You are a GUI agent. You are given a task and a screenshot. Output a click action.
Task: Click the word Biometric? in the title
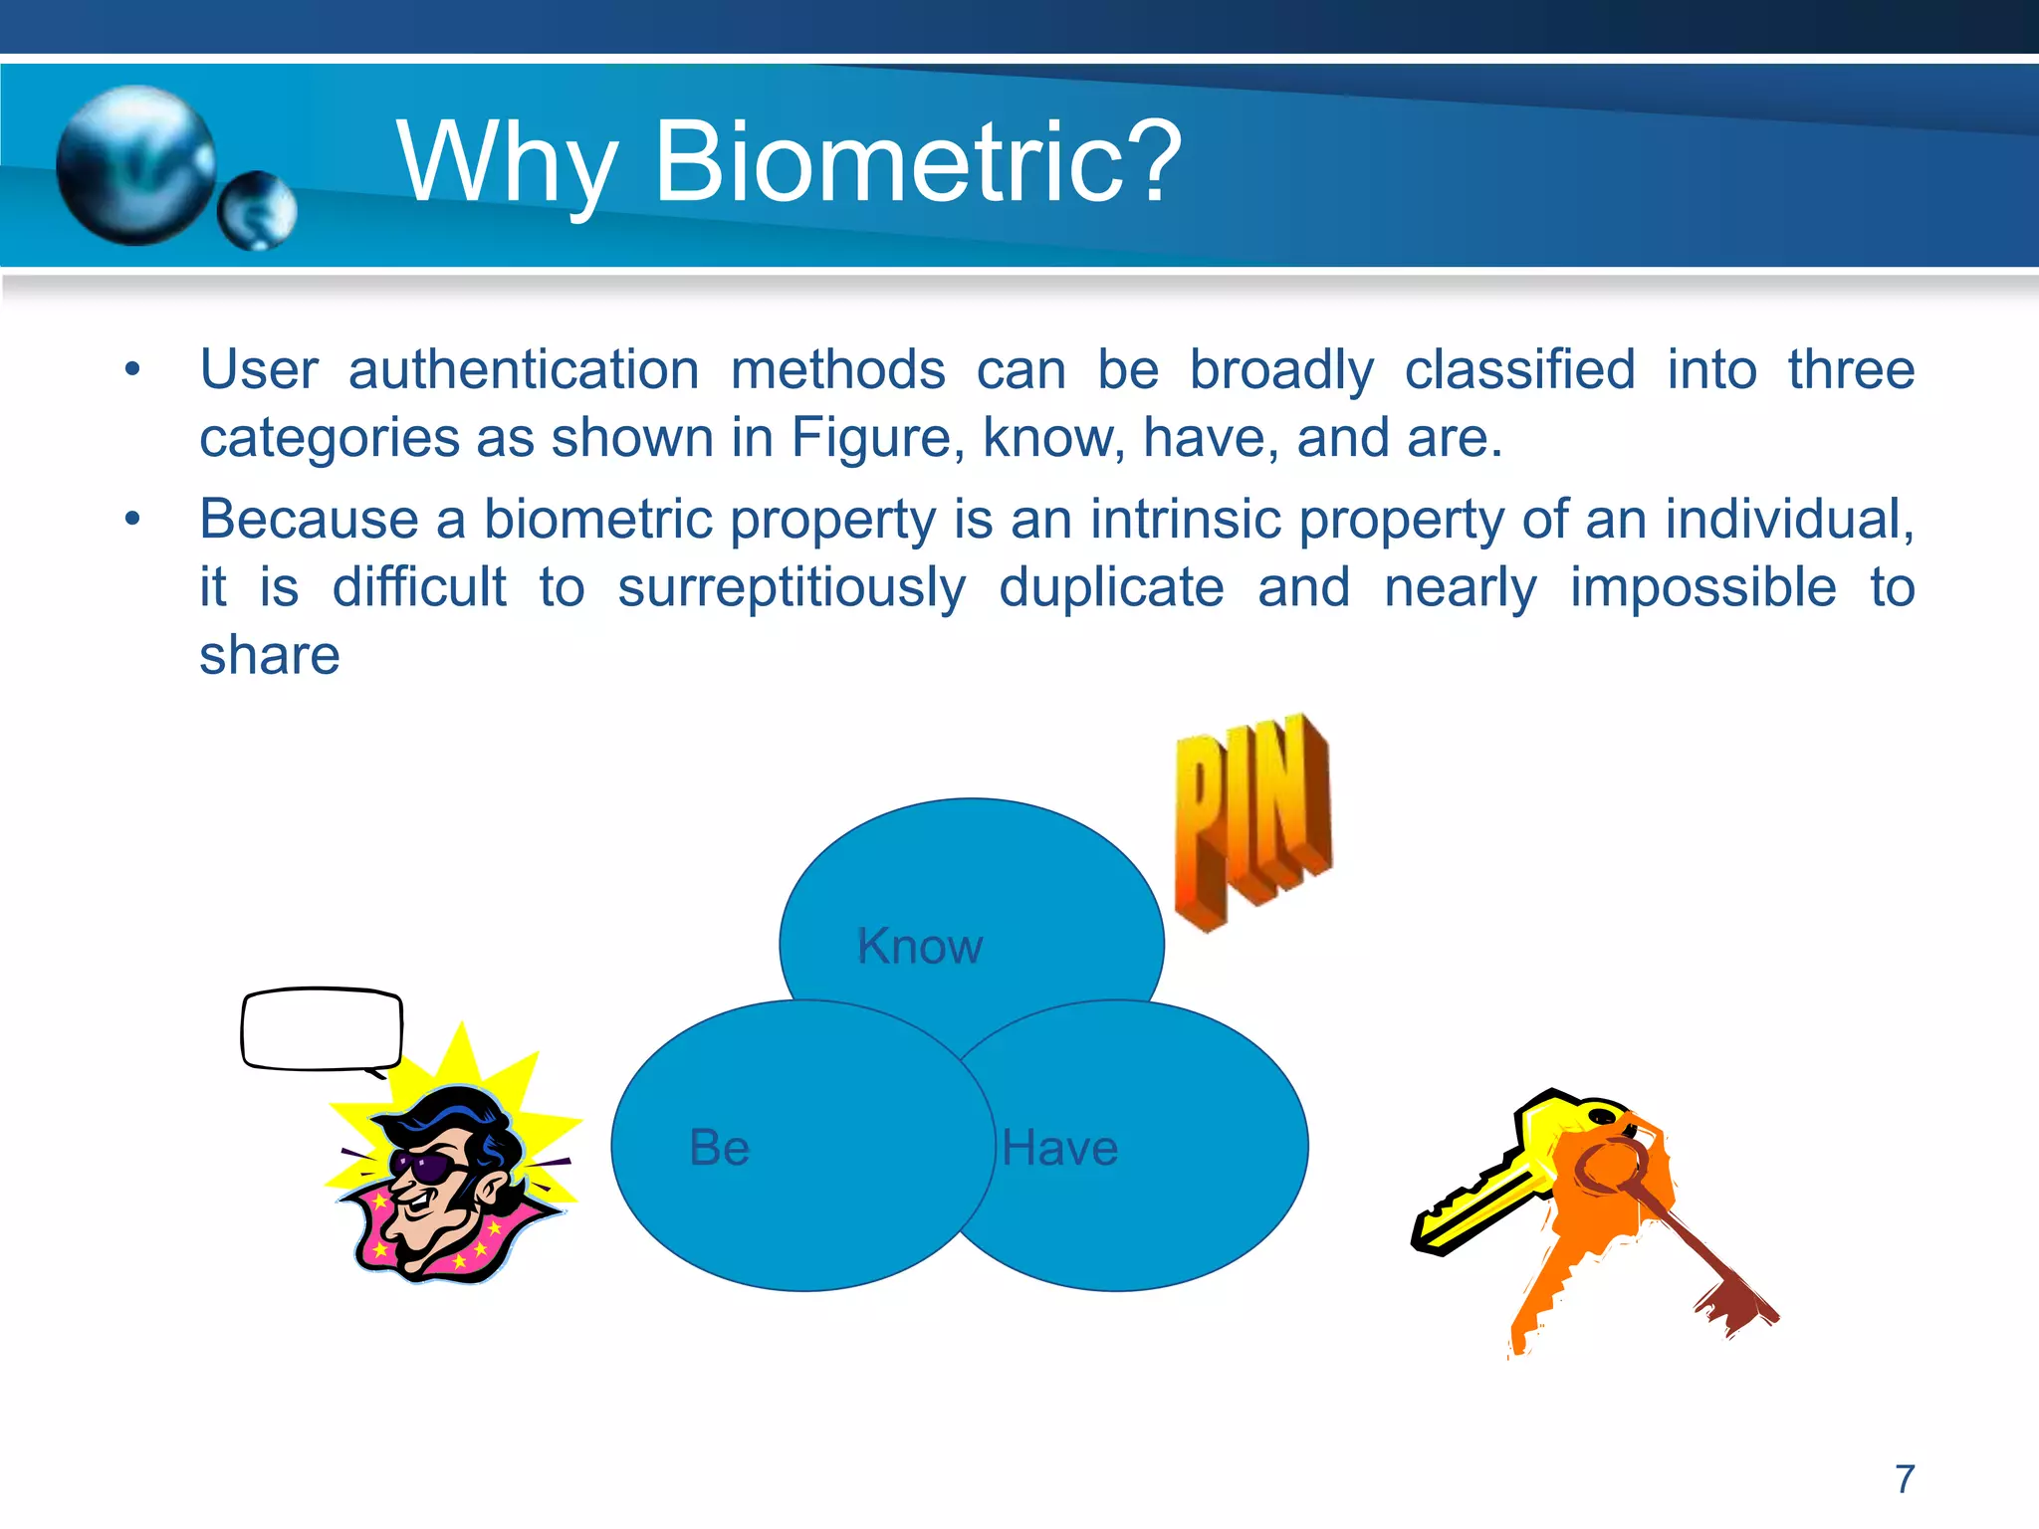coord(916,161)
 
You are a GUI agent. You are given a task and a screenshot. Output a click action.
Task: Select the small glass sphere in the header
coord(257,210)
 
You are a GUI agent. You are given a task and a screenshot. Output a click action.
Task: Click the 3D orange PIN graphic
coord(1252,821)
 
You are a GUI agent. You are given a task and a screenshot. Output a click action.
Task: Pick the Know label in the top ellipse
coord(919,946)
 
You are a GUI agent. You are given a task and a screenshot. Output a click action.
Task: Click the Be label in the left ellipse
coord(719,1148)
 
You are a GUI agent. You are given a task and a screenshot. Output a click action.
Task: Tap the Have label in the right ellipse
coord(1059,1148)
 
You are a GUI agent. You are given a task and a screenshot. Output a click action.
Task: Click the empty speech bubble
coord(322,1029)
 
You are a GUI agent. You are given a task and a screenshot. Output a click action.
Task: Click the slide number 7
coord(1904,1479)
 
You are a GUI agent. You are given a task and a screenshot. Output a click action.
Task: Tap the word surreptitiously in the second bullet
coord(792,587)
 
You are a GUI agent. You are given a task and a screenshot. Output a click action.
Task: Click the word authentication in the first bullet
coord(524,370)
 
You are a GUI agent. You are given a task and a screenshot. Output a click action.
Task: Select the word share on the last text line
coord(269,655)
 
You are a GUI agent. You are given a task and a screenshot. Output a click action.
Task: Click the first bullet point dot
coord(132,370)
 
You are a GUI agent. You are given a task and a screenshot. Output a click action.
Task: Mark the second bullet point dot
coord(132,520)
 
